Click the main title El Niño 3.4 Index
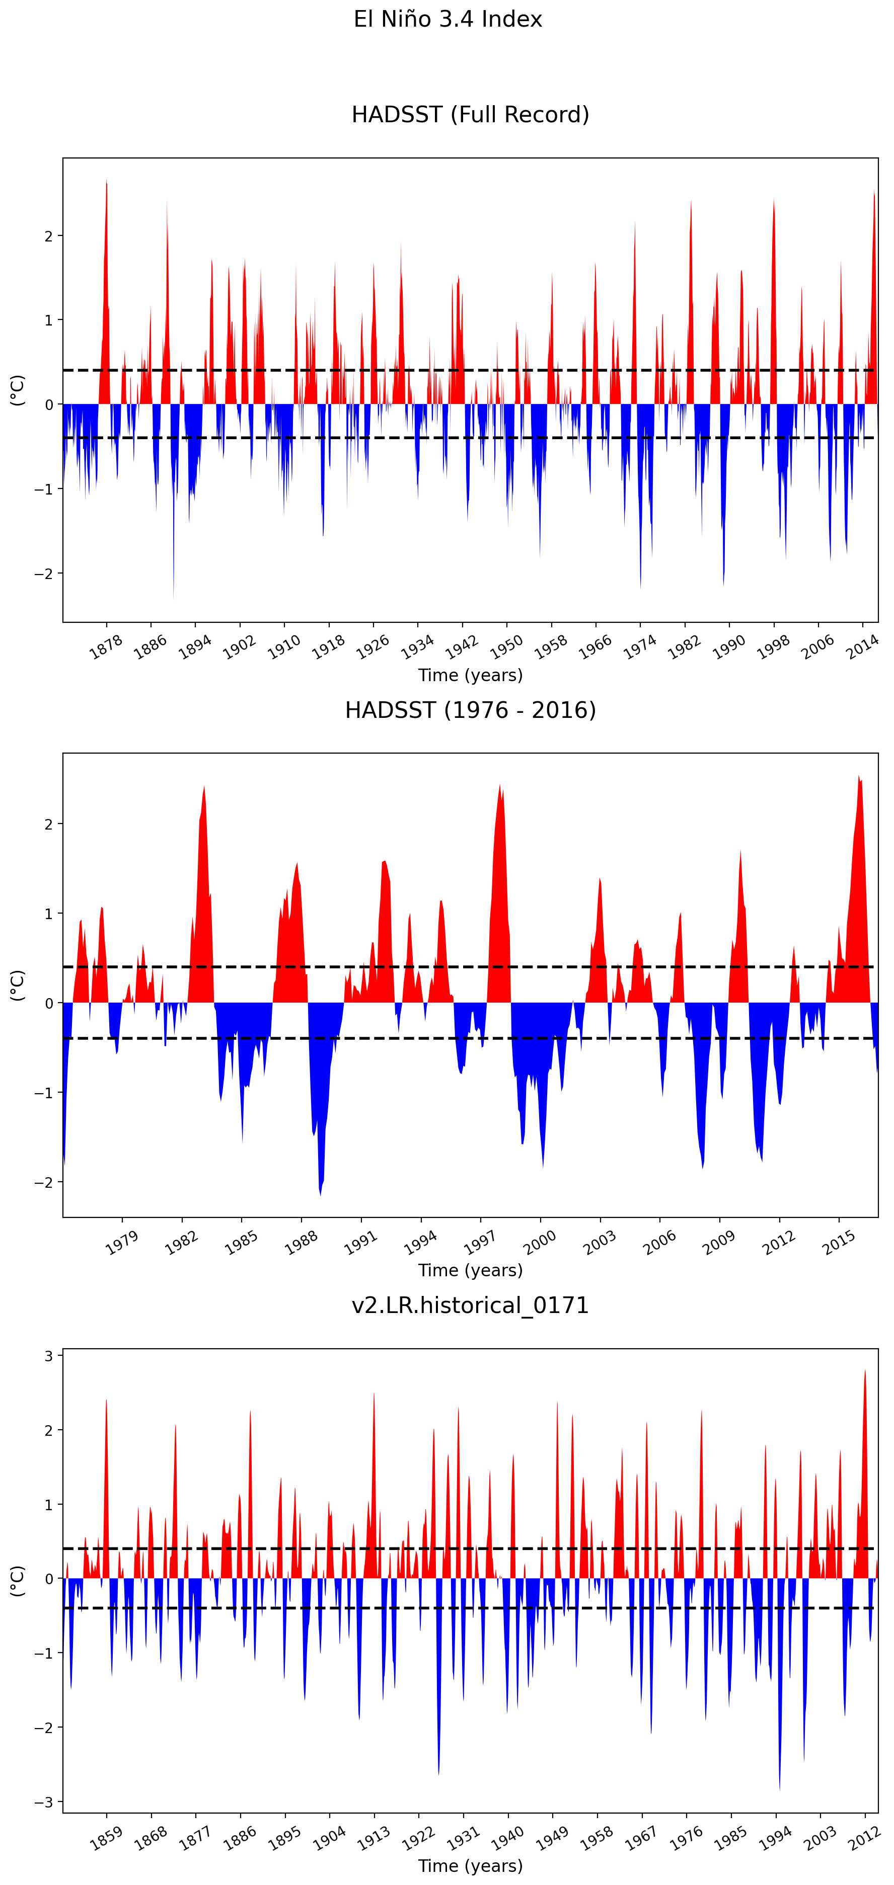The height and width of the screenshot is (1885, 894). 448,19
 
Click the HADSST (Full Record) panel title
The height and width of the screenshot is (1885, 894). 470,115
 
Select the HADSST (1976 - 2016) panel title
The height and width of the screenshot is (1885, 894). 470,710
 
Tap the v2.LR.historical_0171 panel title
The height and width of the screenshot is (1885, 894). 470,1305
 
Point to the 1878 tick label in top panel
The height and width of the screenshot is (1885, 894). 106,647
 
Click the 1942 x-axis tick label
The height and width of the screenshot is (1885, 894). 462,647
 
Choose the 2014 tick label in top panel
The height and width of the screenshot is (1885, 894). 862,647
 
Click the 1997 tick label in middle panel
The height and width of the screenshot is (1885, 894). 480,1242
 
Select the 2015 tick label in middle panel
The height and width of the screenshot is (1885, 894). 839,1242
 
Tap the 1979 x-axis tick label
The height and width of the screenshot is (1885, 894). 122,1242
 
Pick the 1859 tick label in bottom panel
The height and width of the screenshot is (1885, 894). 106,1837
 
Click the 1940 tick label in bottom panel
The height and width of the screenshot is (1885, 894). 507,1837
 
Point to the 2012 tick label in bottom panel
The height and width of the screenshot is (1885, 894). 864,1837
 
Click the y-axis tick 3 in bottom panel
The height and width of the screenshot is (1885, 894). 49,1356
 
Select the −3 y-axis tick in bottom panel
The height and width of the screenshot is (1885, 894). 44,1801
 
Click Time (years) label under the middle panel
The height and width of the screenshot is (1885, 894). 470,1270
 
